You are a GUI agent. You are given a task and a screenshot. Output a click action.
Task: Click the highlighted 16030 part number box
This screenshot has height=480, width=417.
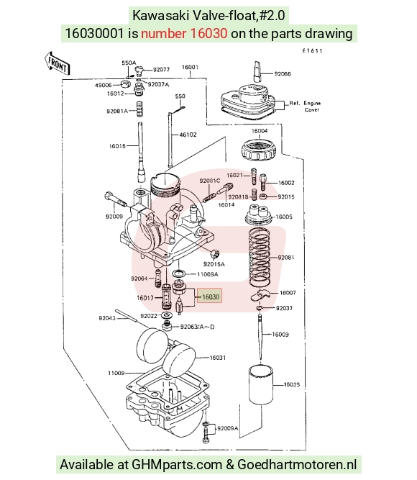209,296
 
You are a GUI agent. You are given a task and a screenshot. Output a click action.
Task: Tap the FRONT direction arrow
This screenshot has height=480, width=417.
58,63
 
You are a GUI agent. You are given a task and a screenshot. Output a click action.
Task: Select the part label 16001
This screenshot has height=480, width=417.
190,67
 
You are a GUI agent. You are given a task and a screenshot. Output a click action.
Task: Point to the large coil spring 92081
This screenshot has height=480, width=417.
260,257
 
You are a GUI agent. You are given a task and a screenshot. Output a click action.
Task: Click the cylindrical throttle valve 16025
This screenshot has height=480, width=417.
261,384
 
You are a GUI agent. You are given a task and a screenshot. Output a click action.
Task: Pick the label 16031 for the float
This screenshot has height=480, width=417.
218,357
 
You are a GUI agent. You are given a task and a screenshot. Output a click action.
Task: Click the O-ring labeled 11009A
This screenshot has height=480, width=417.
179,273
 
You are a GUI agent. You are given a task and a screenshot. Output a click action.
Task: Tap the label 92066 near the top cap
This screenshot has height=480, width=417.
283,74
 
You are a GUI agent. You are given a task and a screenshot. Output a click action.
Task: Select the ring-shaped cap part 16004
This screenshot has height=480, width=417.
259,150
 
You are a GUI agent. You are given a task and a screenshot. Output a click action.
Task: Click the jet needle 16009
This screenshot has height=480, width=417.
260,338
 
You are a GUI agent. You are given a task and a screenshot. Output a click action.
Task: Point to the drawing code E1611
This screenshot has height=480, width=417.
312,51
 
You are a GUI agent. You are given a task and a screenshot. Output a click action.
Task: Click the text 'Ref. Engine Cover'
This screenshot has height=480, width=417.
305,107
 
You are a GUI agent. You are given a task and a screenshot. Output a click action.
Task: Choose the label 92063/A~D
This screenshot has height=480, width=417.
197,327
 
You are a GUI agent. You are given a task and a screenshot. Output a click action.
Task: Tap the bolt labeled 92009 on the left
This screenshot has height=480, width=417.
116,199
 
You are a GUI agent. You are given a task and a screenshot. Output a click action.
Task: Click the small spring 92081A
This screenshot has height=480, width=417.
139,109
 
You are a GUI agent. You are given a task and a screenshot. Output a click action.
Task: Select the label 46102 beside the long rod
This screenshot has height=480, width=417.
188,135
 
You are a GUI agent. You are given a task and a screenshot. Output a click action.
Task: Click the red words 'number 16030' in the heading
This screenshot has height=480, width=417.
184,33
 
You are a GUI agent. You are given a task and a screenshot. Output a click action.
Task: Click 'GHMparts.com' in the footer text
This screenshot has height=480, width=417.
177,464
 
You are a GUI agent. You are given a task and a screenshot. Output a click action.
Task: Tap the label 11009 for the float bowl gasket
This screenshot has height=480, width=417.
116,373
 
